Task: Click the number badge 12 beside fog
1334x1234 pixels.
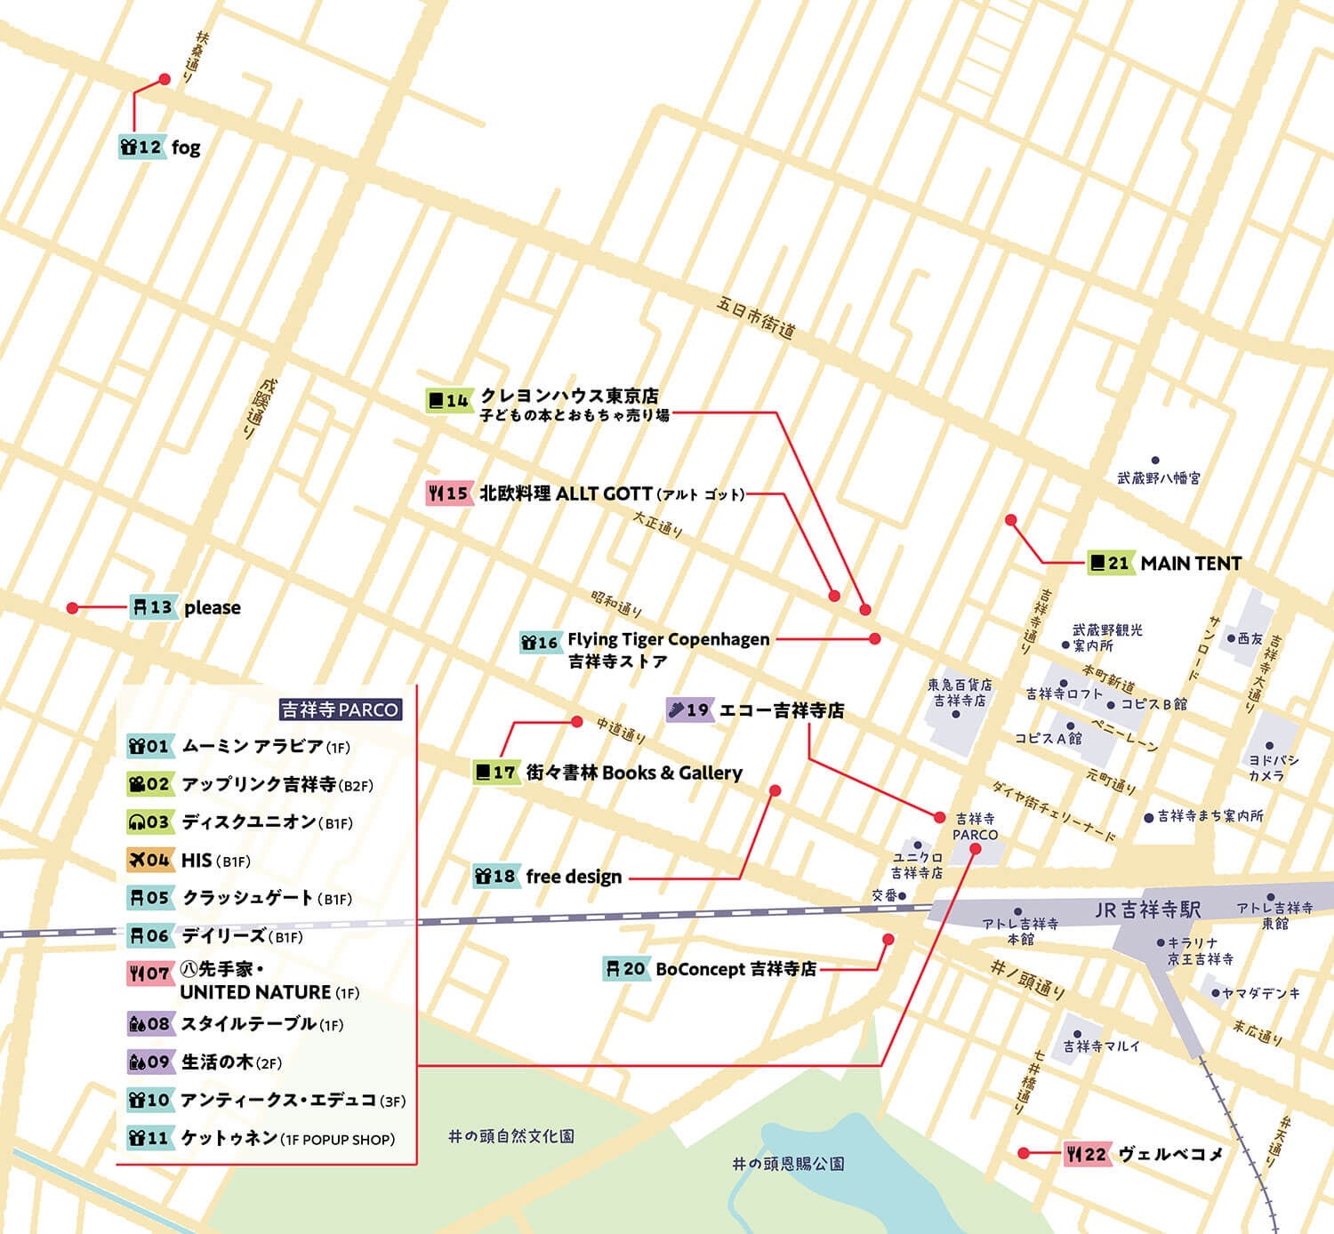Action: pos(142,148)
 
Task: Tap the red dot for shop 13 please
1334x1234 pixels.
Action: pos(73,608)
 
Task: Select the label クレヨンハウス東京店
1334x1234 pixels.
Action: pos(569,396)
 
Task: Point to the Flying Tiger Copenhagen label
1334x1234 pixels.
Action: pos(668,639)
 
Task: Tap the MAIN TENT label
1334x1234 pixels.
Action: pos(1190,563)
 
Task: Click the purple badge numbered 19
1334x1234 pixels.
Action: pos(689,709)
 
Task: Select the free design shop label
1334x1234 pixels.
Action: pos(574,877)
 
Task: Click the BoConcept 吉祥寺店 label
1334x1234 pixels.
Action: pos(735,969)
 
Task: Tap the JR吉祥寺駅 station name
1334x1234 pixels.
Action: pos(1147,909)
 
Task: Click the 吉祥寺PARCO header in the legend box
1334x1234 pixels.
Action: pos(340,709)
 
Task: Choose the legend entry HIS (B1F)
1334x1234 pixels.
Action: pos(215,861)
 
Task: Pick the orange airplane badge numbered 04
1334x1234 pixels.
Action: pos(149,860)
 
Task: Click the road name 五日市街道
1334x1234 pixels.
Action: pos(755,317)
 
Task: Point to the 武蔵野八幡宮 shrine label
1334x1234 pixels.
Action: pos(1158,477)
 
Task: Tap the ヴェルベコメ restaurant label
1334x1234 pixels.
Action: pos(1170,1154)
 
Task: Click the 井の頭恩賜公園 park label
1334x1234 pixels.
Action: pos(788,1163)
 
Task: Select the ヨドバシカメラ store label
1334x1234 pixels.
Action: pos(1273,768)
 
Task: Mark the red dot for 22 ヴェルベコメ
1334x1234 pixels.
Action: pos(1024,1153)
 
